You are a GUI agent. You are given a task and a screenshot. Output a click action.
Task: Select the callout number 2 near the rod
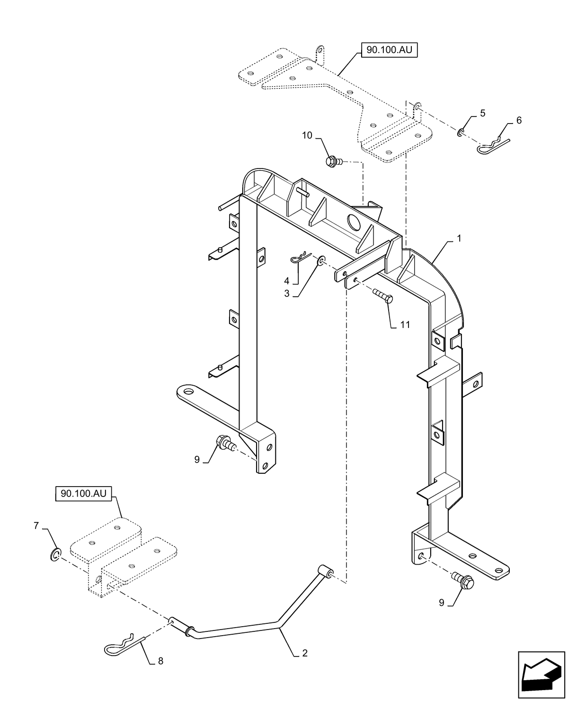pos(305,653)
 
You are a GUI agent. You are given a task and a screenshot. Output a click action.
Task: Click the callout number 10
pos(307,136)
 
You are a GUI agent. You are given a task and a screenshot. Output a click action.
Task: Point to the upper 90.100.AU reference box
pos(390,50)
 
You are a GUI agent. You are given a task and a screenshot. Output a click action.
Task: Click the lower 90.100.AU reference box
pos(83,494)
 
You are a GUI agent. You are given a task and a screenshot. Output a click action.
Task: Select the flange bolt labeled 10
pos(331,161)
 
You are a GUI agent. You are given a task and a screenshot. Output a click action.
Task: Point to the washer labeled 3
pos(321,260)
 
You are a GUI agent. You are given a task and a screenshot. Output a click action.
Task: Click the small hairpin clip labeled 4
pos(300,258)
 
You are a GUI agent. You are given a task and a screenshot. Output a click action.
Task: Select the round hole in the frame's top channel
pos(354,222)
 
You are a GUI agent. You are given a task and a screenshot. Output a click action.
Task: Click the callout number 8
pos(160,661)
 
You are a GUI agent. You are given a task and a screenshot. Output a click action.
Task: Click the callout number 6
pos(519,121)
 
